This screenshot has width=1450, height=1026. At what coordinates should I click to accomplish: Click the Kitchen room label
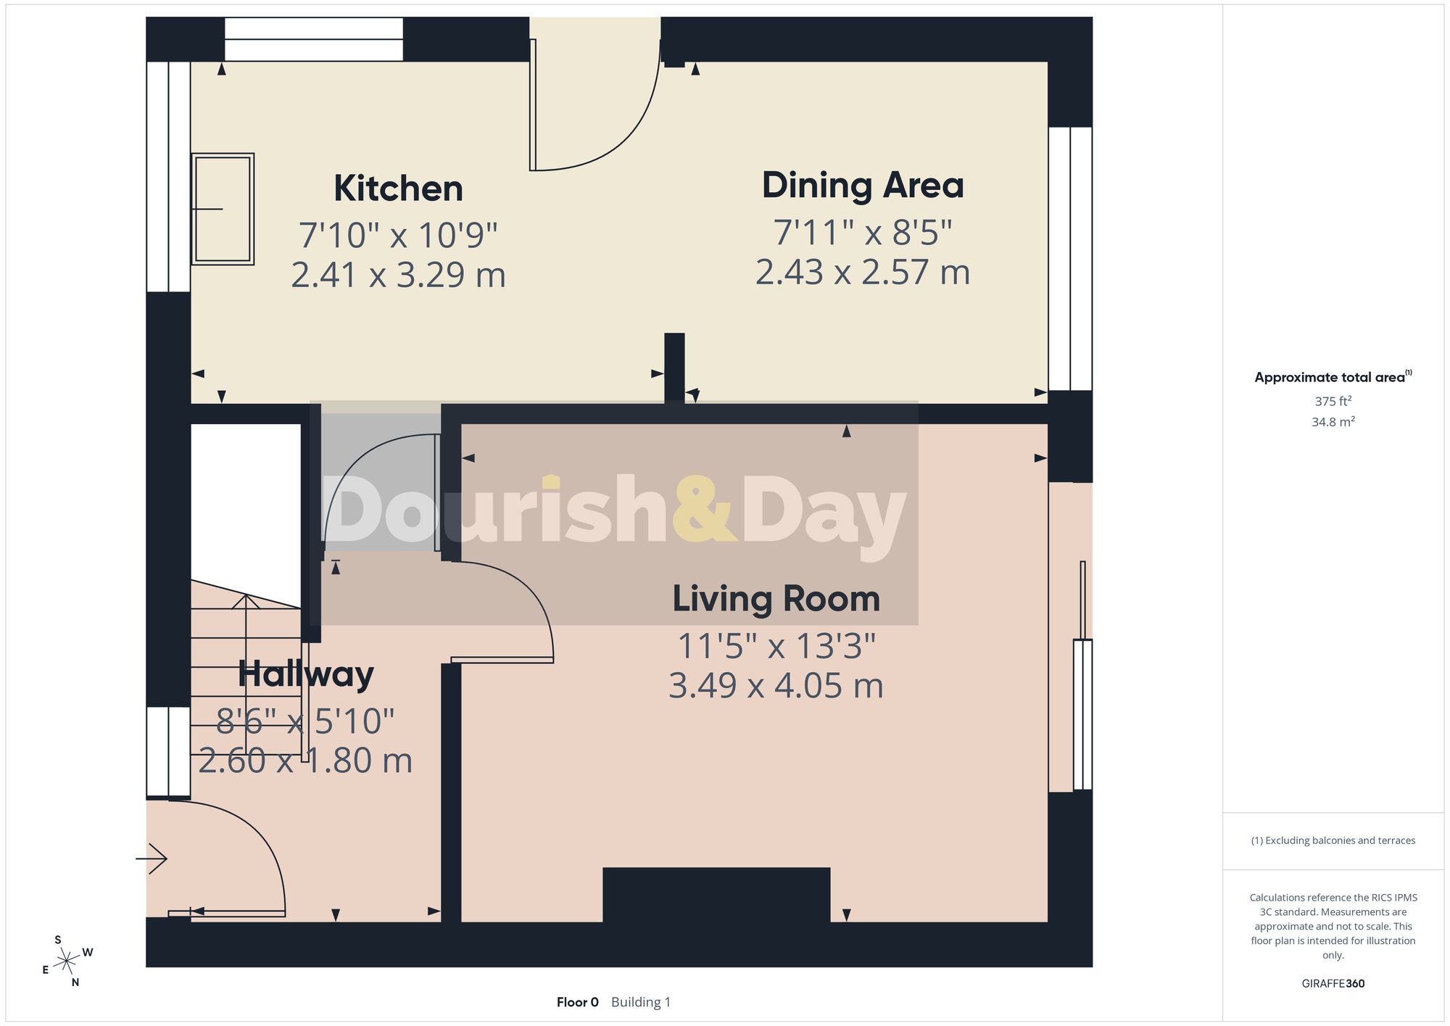click(x=398, y=189)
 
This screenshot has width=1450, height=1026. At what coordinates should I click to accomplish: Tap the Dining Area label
click(x=863, y=186)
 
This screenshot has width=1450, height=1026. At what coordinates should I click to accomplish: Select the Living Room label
click(x=776, y=599)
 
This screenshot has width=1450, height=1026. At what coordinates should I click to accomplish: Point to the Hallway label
click(x=306, y=674)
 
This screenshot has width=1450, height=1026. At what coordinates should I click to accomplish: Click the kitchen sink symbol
click(x=223, y=209)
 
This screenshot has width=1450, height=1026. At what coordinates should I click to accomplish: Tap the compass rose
click(x=67, y=961)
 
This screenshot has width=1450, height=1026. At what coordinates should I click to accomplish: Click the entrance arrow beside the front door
click(x=152, y=859)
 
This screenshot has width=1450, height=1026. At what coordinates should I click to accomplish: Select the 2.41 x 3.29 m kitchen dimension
click(x=398, y=275)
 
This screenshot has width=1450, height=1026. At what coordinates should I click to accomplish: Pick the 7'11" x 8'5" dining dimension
click(x=863, y=233)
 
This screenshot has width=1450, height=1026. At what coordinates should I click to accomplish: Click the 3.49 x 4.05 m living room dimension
click(x=776, y=686)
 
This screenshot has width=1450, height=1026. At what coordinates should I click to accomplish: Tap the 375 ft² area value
click(x=1333, y=401)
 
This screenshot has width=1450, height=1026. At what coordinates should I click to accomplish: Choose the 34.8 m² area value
click(x=1333, y=421)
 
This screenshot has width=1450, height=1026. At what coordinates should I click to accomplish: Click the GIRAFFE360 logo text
click(x=1333, y=984)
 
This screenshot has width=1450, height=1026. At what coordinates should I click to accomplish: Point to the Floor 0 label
click(x=578, y=1002)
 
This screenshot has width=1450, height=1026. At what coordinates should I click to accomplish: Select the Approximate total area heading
click(x=1333, y=377)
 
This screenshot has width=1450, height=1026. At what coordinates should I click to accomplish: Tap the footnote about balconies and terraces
click(x=1333, y=840)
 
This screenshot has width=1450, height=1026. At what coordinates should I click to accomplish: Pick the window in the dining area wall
click(x=1070, y=259)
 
